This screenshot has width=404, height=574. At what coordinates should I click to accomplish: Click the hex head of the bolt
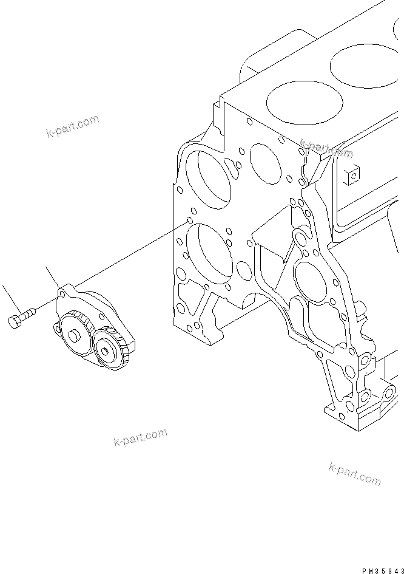[x=15, y=321]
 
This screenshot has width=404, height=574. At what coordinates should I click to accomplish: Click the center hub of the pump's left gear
[x=75, y=335]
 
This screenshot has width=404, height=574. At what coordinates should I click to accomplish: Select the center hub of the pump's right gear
[x=110, y=349]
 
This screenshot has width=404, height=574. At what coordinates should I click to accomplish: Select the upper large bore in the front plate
[x=208, y=179]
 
